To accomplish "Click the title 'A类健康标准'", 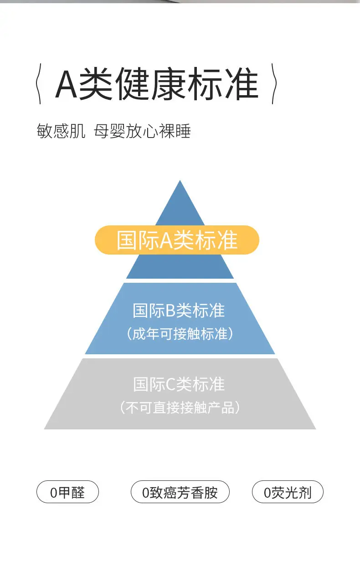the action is tap(156, 84).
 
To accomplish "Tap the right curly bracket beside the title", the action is tap(274, 84).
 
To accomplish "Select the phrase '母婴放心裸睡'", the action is tap(142, 132).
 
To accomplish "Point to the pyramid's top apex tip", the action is tap(180, 182).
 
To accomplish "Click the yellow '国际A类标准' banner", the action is tap(177, 240).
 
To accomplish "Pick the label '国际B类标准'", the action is tap(179, 311).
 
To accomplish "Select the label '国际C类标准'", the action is tap(179, 384).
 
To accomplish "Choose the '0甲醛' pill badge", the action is tap(67, 492).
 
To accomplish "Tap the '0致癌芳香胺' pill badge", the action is tap(180, 492).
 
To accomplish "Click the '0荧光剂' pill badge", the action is tap(288, 492).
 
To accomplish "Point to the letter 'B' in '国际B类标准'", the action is tap(170, 311).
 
